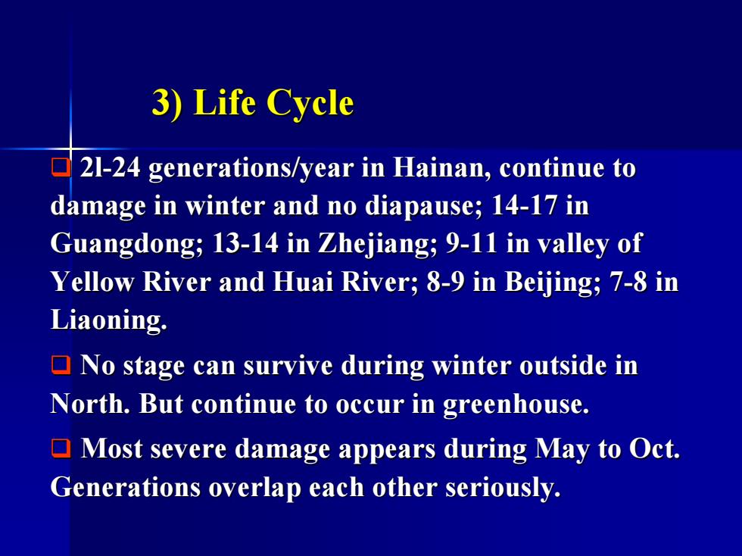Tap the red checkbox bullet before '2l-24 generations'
pos(61,167)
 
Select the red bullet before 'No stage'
pos(61,365)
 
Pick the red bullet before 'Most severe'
pos(61,448)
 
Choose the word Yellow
pos(92,282)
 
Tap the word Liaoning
pos(109,320)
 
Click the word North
pos(90,404)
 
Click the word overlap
pos(255,489)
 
